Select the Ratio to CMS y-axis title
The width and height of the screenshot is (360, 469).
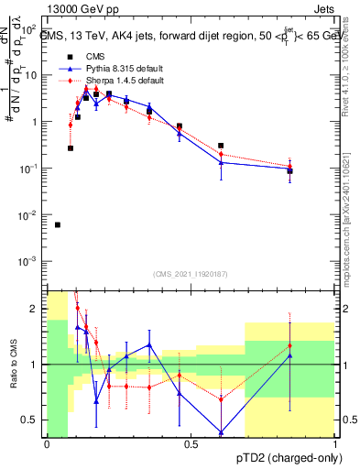coord(12,366)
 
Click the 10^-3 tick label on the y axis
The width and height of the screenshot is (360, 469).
coord(28,262)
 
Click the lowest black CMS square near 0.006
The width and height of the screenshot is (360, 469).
coord(58,224)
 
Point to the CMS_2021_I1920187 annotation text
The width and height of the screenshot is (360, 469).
coord(191,274)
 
